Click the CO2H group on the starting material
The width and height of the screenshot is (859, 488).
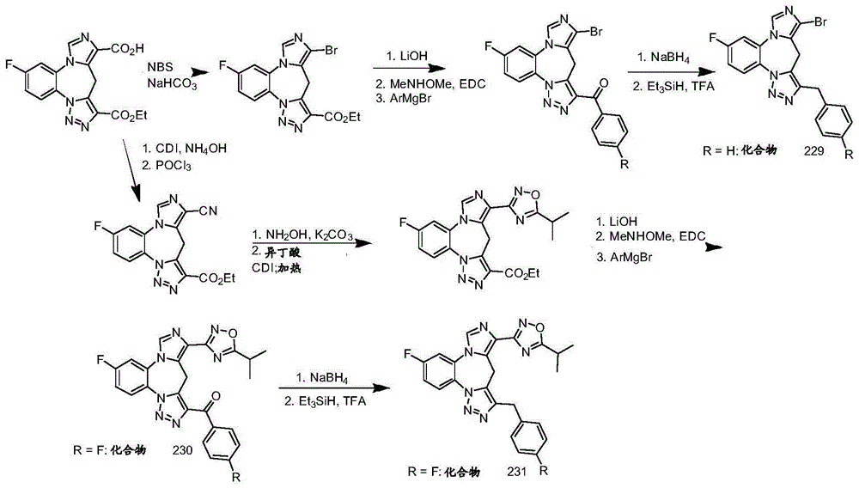pos(128,49)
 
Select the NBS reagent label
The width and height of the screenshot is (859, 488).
pos(160,67)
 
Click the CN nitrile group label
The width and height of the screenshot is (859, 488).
pos(210,210)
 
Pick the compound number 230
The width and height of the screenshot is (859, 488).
pos(182,450)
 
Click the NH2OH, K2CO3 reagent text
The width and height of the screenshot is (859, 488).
pos(302,235)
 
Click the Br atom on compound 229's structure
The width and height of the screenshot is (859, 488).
pos(820,22)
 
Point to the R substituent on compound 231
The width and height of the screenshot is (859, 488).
pos(544,471)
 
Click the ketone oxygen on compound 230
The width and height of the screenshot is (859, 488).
pos(215,396)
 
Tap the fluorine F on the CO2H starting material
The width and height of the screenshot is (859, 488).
pos(9,64)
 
